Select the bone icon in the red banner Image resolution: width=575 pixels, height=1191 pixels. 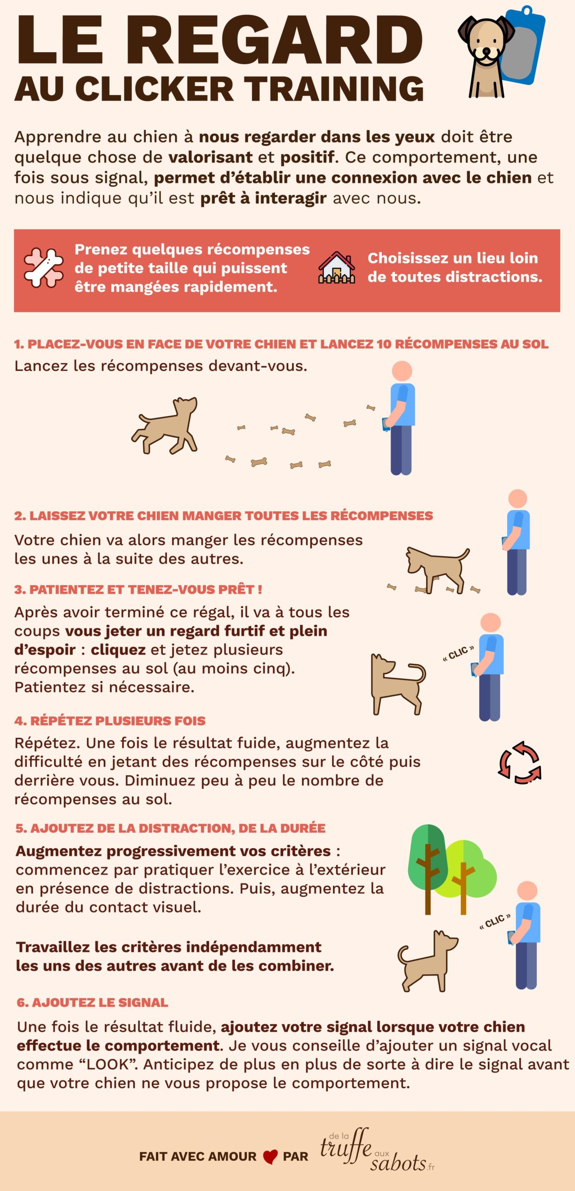[x=44, y=268]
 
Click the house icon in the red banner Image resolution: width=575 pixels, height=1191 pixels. [x=337, y=268]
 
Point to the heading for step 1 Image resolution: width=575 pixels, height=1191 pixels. [x=281, y=344]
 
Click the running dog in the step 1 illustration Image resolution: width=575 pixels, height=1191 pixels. [x=165, y=425]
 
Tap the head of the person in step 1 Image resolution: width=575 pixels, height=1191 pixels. [x=402, y=371]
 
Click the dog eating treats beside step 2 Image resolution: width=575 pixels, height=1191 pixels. [x=437, y=569]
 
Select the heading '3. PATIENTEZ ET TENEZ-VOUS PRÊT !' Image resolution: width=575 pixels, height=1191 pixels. [x=138, y=589]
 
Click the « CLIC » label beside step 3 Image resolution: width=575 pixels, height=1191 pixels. [x=458, y=653]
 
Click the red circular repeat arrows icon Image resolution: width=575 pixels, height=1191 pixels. [x=520, y=763]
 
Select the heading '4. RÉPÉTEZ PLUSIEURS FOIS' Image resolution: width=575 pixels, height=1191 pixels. [x=110, y=721]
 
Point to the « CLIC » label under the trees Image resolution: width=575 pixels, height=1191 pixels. [x=495, y=922]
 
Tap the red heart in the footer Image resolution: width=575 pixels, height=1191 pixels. [x=270, y=1157]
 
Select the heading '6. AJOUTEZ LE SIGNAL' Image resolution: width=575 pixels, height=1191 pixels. [x=92, y=1002]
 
